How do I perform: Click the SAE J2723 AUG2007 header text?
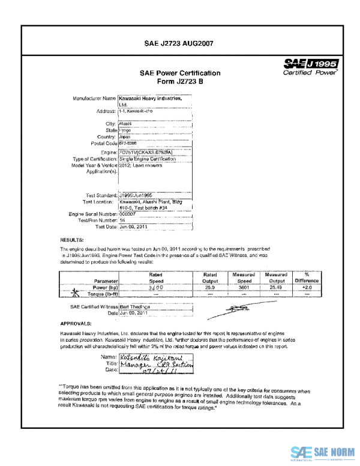[x=180, y=43]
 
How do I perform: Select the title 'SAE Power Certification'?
[x=180, y=73]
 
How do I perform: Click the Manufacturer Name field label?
[x=93, y=98]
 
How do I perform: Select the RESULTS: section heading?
[x=71, y=240]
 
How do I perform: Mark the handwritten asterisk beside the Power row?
[x=75, y=292]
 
